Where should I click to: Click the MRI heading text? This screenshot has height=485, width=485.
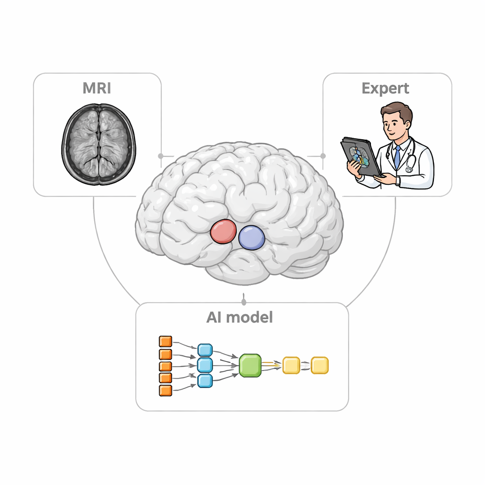[x=98, y=89]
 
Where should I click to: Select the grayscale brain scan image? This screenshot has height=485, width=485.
[x=99, y=144]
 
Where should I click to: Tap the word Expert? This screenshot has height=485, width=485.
[x=385, y=89]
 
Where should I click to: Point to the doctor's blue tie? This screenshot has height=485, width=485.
[x=397, y=157]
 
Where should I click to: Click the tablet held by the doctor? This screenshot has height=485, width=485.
[x=360, y=156]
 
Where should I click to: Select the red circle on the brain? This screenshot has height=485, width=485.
[x=223, y=231]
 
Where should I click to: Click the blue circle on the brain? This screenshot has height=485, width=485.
[x=251, y=237]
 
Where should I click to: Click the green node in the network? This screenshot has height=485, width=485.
[x=250, y=366]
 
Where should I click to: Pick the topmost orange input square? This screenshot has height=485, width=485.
[x=165, y=341]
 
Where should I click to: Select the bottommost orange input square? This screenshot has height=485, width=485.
[x=165, y=390]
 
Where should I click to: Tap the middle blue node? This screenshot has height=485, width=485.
[x=205, y=365]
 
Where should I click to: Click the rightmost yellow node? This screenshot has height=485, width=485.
[x=320, y=365]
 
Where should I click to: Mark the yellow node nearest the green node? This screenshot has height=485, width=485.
[x=291, y=365]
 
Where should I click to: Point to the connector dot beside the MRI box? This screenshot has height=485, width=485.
[x=161, y=155]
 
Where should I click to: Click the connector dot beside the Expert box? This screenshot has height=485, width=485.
[x=323, y=155]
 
